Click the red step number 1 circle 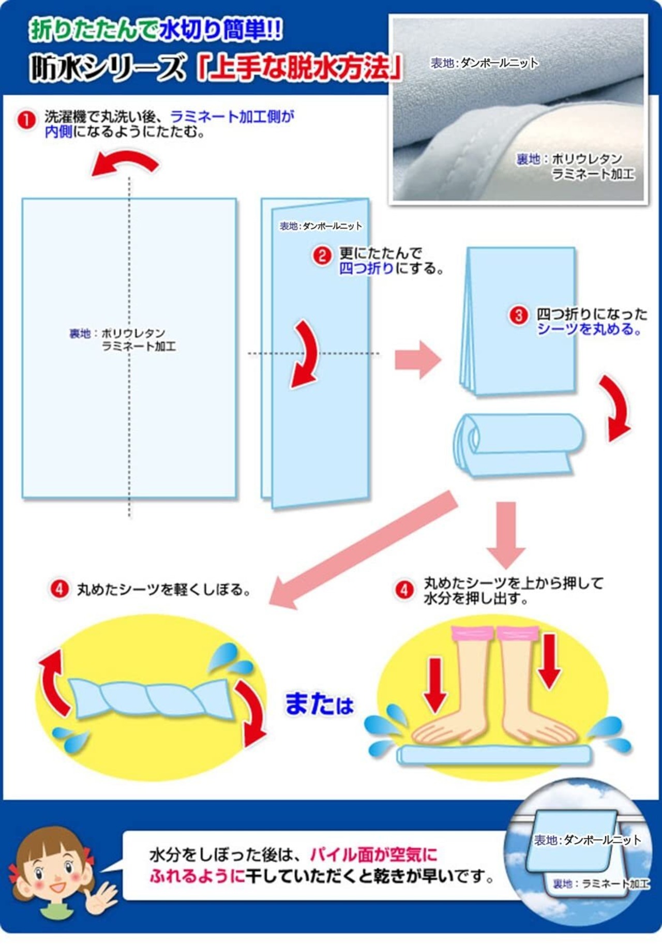pos(26,120)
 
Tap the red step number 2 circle pos(322,256)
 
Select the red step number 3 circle pos(518,315)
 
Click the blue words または pos(319,704)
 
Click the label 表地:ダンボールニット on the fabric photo pos(485,63)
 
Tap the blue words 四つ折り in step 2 pos(366,268)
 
